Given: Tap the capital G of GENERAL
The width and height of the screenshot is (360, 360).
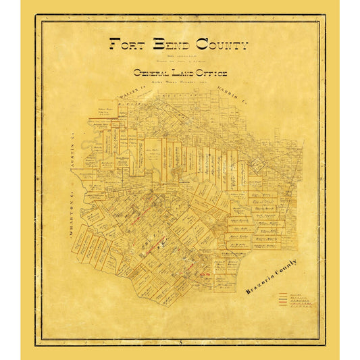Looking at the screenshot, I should (137, 73).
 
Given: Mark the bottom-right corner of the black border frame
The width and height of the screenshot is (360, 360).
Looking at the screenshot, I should (325, 344).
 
